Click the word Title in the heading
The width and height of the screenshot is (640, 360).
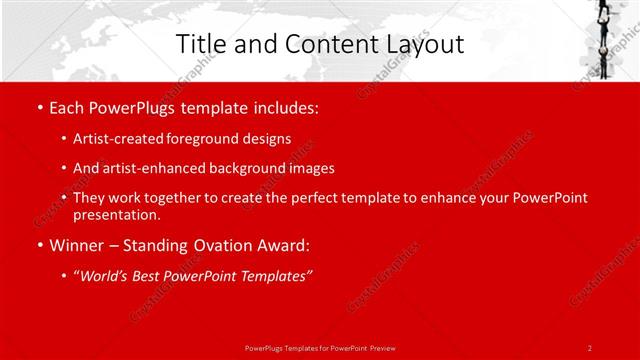coord(199,45)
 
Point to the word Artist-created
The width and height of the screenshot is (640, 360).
coord(114,139)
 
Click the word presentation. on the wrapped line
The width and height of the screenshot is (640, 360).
coord(116,215)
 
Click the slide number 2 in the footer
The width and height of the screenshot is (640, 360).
coord(589,347)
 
